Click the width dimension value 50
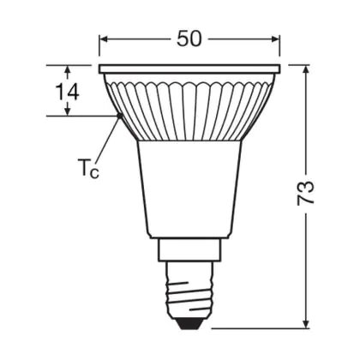point(189,39)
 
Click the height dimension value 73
point(305,193)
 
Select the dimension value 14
point(67,92)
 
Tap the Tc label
point(88,168)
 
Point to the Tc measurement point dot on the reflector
point(119,116)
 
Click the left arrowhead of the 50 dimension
point(104,39)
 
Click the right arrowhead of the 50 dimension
point(275,39)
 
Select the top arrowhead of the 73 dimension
point(306,70)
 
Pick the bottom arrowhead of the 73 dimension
point(306,323)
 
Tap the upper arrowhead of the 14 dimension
point(68,69)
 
